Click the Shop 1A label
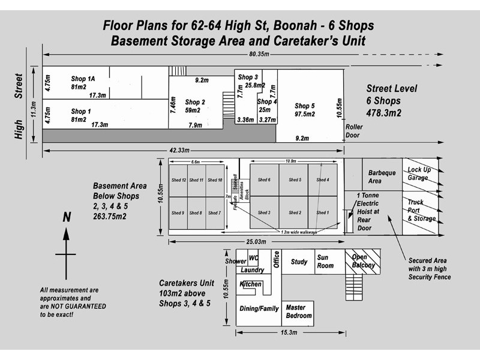[x=83, y=79]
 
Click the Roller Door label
[x=354, y=131]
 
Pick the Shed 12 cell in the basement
[x=178, y=180]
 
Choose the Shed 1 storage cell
[x=322, y=212]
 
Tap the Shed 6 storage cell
[x=264, y=180]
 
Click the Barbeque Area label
[x=382, y=177]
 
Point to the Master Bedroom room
[x=298, y=312]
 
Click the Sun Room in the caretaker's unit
[x=325, y=262]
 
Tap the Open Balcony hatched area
[x=364, y=262]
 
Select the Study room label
[x=299, y=262]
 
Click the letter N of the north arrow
[x=67, y=217]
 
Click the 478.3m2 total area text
[x=384, y=112]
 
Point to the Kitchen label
[x=251, y=284]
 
